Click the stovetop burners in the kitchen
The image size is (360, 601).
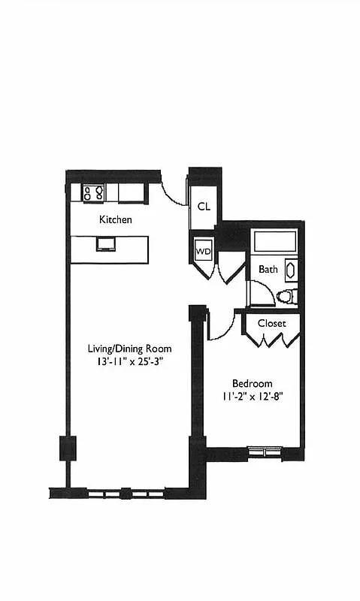93,192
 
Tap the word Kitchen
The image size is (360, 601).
116,220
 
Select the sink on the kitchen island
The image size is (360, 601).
107,243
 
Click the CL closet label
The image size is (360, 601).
204,207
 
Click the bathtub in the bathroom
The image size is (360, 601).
274,242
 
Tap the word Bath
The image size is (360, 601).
268,269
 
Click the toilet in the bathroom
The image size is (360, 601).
286,296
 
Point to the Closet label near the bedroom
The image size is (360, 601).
271,323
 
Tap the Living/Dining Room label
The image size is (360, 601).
130,349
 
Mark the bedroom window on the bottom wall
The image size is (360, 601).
264,452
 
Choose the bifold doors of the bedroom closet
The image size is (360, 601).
271,340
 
